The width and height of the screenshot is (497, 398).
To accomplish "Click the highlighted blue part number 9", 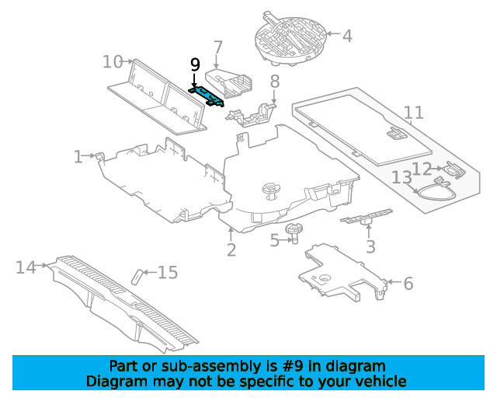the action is pyautogui.click(x=207, y=97).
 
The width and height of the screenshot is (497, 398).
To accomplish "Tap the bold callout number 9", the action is pyautogui.click(x=195, y=65).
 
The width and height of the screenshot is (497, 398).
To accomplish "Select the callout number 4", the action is pyautogui.click(x=347, y=36).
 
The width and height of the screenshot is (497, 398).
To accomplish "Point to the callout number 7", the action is pyautogui.click(x=218, y=47).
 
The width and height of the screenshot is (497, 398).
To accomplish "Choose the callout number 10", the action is pyautogui.click(x=113, y=61).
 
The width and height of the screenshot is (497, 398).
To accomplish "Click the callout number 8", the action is pyautogui.click(x=275, y=82).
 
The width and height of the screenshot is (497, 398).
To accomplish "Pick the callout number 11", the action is pyautogui.click(x=414, y=113).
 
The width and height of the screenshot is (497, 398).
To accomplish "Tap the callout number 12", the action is pyautogui.click(x=422, y=169).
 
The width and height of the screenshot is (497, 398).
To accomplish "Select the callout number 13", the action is pyautogui.click(x=402, y=177).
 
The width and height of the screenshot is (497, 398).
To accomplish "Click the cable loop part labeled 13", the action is pyautogui.click(x=434, y=189).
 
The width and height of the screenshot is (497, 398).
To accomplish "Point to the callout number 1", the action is pyautogui.click(x=78, y=157).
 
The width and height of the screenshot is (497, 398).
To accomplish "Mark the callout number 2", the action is pyautogui.click(x=231, y=250).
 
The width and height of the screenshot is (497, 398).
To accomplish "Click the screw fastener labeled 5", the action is pyautogui.click(x=294, y=234).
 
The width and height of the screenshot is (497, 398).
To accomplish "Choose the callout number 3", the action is pyautogui.click(x=370, y=246).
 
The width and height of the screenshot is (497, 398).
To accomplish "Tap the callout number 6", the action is pyautogui.click(x=408, y=284).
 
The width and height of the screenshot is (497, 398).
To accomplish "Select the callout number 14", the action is pyautogui.click(x=26, y=267).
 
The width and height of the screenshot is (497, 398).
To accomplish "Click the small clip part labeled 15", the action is pyautogui.click(x=137, y=277).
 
